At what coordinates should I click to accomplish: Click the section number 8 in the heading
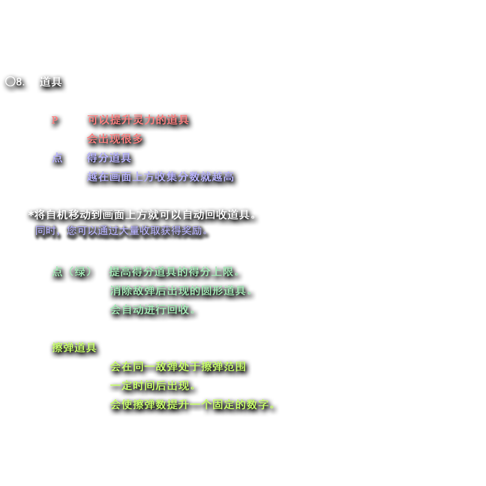coord(19,82)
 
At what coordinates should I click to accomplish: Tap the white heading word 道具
coord(51,82)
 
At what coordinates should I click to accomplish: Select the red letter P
coord(55,120)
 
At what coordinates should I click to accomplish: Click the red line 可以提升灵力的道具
coord(138,120)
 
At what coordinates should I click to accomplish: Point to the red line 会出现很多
coord(115,139)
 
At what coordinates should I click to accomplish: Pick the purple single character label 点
coord(57,158)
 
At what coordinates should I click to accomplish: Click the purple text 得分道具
coord(109,158)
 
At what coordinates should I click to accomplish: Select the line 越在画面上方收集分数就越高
coord(160,177)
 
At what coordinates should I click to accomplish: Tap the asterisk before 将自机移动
coord(31,215)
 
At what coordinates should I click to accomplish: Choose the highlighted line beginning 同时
coord(122,231)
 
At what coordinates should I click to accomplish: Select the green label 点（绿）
coord(72,271)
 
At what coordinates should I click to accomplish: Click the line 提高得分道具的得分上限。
coord(175,271)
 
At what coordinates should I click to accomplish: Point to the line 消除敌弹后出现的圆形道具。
coord(182,290)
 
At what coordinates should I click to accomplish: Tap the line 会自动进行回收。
coord(153,309)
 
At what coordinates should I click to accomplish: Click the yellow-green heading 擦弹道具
coord(74,347)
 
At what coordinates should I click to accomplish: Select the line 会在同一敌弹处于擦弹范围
coord(178,366)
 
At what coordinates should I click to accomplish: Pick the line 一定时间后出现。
coord(153,385)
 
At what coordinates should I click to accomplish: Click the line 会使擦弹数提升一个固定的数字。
coord(193,404)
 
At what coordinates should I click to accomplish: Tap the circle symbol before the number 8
coord(10,82)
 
